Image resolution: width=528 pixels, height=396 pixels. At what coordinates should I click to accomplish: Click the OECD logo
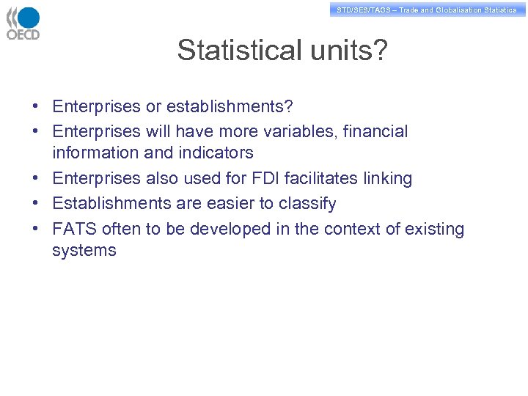tap(23, 23)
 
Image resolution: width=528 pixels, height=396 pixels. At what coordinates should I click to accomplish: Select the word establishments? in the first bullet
tap(230, 107)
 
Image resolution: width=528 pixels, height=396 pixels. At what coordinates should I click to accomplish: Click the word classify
tap(307, 204)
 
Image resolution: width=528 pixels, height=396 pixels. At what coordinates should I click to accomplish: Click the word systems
tap(84, 251)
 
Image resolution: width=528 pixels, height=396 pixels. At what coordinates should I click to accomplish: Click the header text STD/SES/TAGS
tap(364, 10)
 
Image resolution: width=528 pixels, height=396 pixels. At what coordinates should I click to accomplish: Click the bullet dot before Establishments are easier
tap(35, 204)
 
